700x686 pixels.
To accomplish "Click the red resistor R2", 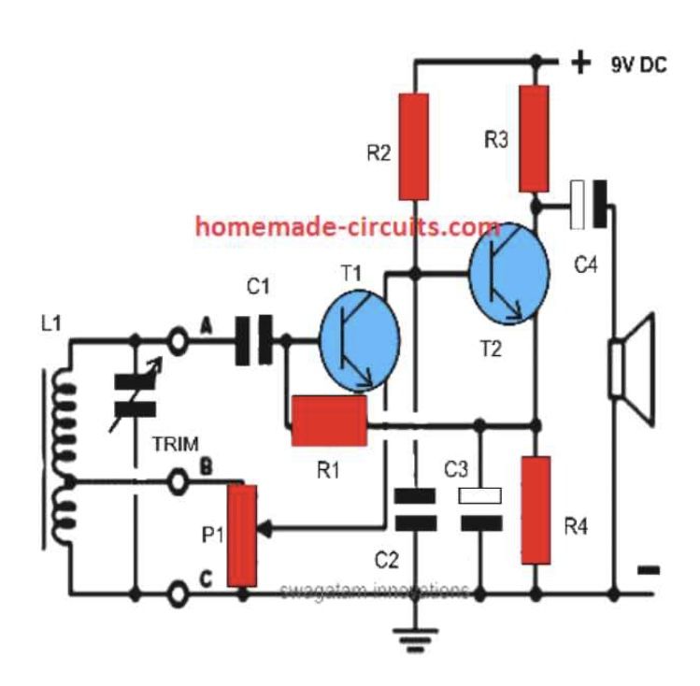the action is [x=414, y=147].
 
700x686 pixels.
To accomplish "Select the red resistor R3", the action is [x=535, y=139].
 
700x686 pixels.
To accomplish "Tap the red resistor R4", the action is [x=536, y=510].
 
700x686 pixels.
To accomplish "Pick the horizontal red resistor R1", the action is [x=329, y=421].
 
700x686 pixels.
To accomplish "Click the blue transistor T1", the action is [x=360, y=341].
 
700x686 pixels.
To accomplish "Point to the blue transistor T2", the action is [x=509, y=273].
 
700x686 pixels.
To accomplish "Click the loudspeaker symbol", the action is [x=633, y=370].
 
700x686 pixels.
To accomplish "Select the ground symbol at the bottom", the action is [x=415, y=640].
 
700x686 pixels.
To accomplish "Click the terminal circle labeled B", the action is [x=178, y=481].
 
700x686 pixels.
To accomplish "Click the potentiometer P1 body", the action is [x=242, y=536].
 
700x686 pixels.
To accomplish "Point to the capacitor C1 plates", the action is [x=254, y=340].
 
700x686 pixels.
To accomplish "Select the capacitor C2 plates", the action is [x=415, y=509].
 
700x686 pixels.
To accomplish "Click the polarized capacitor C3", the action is [x=480, y=509].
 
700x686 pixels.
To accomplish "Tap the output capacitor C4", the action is [x=589, y=205].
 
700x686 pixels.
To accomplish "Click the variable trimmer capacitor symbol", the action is [x=136, y=395].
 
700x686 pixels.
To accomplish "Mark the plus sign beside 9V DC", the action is [x=580, y=62].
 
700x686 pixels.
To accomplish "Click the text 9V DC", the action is [x=638, y=65].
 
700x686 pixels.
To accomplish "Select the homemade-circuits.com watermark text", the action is [x=348, y=227].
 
